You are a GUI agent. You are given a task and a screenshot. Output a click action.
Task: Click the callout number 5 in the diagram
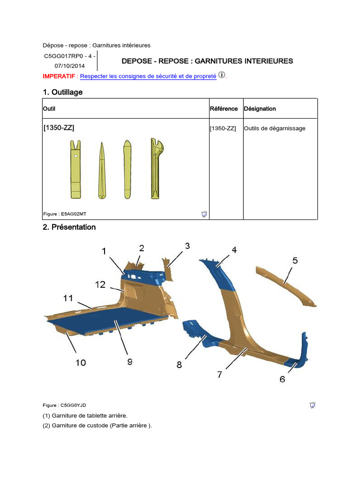[x=295, y=261]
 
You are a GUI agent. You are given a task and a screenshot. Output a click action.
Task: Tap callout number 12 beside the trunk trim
[x=101, y=284]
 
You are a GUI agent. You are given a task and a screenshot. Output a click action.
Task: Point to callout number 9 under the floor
[x=129, y=361]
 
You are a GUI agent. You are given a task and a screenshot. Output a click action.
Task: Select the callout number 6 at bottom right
[x=282, y=379]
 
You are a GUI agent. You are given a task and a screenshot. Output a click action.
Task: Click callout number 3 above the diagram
[x=187, y=246]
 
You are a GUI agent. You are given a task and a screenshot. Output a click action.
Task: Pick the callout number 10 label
[x=81, y=362]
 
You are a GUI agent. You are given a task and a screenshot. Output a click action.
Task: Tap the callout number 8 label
[x=179, y=364]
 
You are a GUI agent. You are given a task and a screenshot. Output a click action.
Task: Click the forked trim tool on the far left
[x=75, y=169]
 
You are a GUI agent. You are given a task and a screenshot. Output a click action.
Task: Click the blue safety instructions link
[x=148, y=76]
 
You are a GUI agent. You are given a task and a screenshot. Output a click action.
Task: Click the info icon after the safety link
[x=222, y=75]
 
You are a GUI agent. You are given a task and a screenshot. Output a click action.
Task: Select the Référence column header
[x=224, y=109]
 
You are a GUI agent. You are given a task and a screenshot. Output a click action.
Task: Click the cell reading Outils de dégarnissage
[x=275, y=128]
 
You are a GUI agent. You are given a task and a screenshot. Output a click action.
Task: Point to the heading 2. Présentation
[x=69, y=227]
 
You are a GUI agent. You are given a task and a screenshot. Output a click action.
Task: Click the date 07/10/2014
[x=70, y=66]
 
